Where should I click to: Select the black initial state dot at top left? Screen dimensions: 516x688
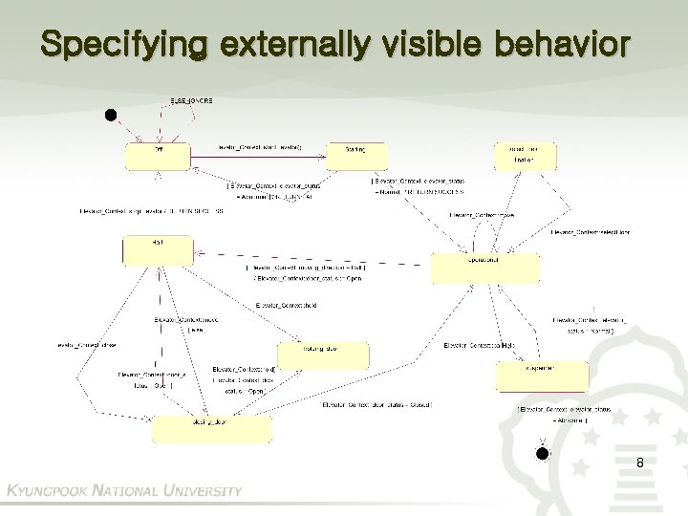(111, 117)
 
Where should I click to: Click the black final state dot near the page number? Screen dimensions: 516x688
(542, 453)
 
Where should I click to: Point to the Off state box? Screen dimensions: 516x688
(157, 155)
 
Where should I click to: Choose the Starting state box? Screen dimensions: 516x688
(355, 155)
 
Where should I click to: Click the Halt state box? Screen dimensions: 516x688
(149, 251)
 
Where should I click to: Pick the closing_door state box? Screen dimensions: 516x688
(191, 429)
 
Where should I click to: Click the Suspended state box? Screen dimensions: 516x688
(524, 376)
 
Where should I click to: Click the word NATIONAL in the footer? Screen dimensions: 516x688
(123, 491)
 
